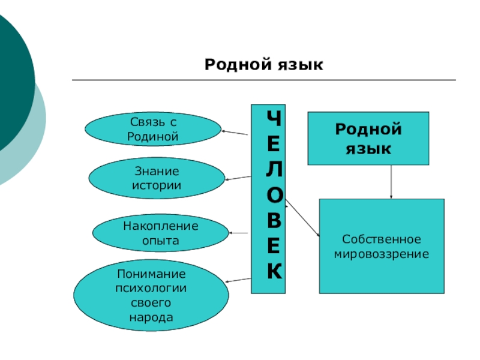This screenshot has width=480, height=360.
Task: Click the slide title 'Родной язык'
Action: pyautogui.click(x=264, y=64)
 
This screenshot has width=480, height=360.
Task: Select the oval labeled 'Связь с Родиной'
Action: pyautogui.click(x=154, y=130)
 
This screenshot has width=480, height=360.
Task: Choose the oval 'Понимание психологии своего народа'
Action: pyautogui.click(x=151, y=296)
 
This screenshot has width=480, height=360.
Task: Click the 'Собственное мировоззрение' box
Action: pyautogui.click(x=382, y=247)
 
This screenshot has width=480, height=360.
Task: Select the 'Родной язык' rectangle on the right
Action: pyautogui.click(x=368, y=138)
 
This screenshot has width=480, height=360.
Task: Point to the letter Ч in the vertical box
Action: pyautogui.click(x=273, y=119)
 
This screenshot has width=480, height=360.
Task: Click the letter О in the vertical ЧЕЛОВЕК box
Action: pyautogui.click(x=273, y=196)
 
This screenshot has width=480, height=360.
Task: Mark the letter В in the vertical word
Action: pyautogui.click(x=273, y=221)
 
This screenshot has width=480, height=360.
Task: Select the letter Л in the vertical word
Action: pyautogui.click(x=273, y=170)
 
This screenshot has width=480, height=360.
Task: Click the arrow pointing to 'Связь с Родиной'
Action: pyautogui.click(x=235, y=133)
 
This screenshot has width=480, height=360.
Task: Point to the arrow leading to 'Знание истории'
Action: pyautogui.click(x=237, y=178)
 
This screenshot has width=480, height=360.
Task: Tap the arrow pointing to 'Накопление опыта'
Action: pyautogui.click(x=239, y=233)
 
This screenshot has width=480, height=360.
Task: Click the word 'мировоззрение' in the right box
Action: pyautogui.click(x=382, y=254)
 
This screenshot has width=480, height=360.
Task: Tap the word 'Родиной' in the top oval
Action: pyautogui.click(x=154, y=137)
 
